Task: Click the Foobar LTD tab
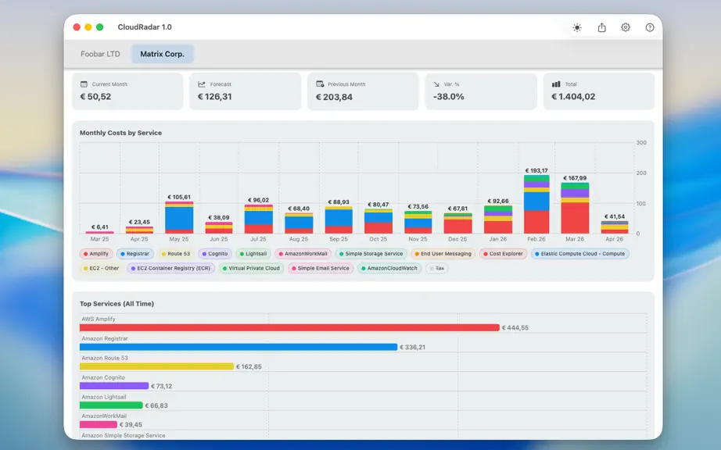[100, 54]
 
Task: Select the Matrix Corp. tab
[163, 54]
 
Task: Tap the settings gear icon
[626, 27]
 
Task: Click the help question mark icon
[650, 27]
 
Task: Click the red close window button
[77, 27]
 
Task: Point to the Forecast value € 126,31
[215, 96]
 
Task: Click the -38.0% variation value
[448, 96]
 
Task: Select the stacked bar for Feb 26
[536, 205]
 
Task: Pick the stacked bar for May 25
[179, 218]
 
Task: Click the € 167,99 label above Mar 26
[575, 178]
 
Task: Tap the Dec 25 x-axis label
[457, 239]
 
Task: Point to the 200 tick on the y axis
[641, 173]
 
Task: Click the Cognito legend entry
[215, 253]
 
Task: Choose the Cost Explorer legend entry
[503, 253]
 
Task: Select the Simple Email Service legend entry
[321, 268]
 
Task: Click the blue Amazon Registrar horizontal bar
[239, 347]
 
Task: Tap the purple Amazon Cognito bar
[114, 386]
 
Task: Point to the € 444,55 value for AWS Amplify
[515, 328]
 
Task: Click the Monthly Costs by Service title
[120, 133]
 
